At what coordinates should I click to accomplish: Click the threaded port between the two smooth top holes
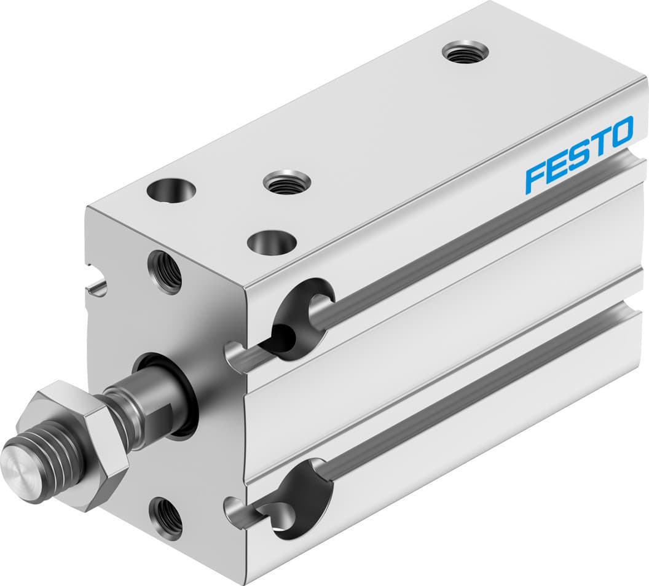[x=286, y=182]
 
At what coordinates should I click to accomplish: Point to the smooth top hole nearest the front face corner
[x=171, y=192]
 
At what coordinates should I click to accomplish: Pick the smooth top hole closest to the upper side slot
[x=271, y=241]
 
